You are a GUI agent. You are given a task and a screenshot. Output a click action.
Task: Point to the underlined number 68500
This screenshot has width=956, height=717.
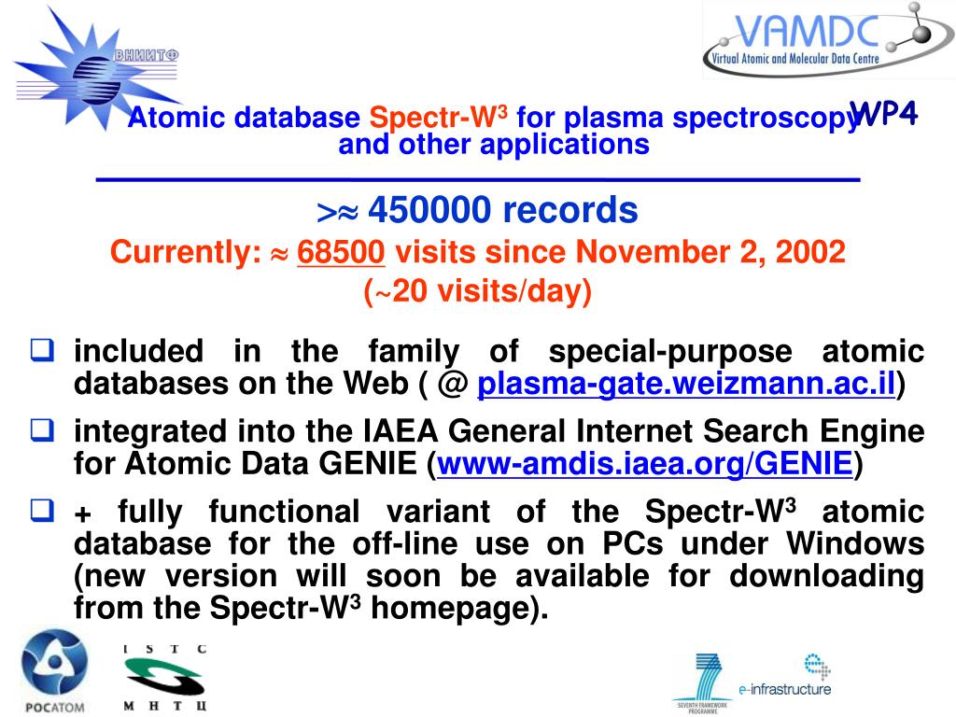[x=342, y=252]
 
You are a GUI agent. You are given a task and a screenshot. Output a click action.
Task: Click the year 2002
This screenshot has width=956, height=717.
[x=811, y=252]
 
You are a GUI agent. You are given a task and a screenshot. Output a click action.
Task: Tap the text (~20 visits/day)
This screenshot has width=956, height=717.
[x=477, y=291]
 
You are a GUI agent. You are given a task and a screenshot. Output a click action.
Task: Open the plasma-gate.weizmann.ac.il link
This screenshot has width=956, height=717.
[x=687, y=384]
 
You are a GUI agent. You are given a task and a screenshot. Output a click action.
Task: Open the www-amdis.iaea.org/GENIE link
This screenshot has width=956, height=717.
[x=645, y=463]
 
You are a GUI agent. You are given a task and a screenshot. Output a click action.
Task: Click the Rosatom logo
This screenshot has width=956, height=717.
[x=54, y=671]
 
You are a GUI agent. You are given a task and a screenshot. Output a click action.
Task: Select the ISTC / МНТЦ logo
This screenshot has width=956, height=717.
[x=165, y=677]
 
